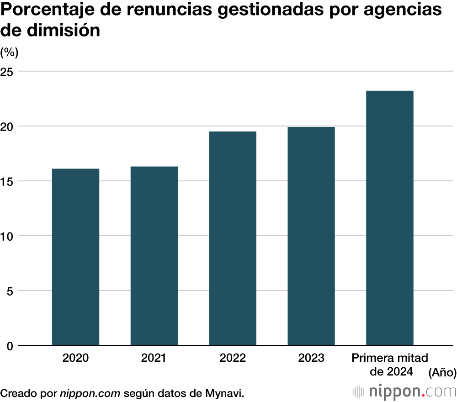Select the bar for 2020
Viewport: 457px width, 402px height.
click(x=75, y=257)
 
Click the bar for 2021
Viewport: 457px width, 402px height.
click(x=154, y=256)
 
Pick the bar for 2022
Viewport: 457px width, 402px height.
click(x=233, y=238)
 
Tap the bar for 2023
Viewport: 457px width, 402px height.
click(x=311, y=236)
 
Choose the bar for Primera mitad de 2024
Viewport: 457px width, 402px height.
click(x=390, y=218)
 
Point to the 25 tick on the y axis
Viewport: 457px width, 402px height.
click(x=9, y=72)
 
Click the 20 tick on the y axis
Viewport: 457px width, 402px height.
click(x=9, y=127)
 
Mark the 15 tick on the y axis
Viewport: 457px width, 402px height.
click(x=9, y=181)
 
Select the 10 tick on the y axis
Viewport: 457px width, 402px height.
click(x=9, y=236)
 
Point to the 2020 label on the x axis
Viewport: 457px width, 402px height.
click(x=75, y=358)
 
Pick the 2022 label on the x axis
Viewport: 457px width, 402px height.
click(x=233, y=358)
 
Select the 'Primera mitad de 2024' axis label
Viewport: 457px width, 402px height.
click(x=390, y=365)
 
